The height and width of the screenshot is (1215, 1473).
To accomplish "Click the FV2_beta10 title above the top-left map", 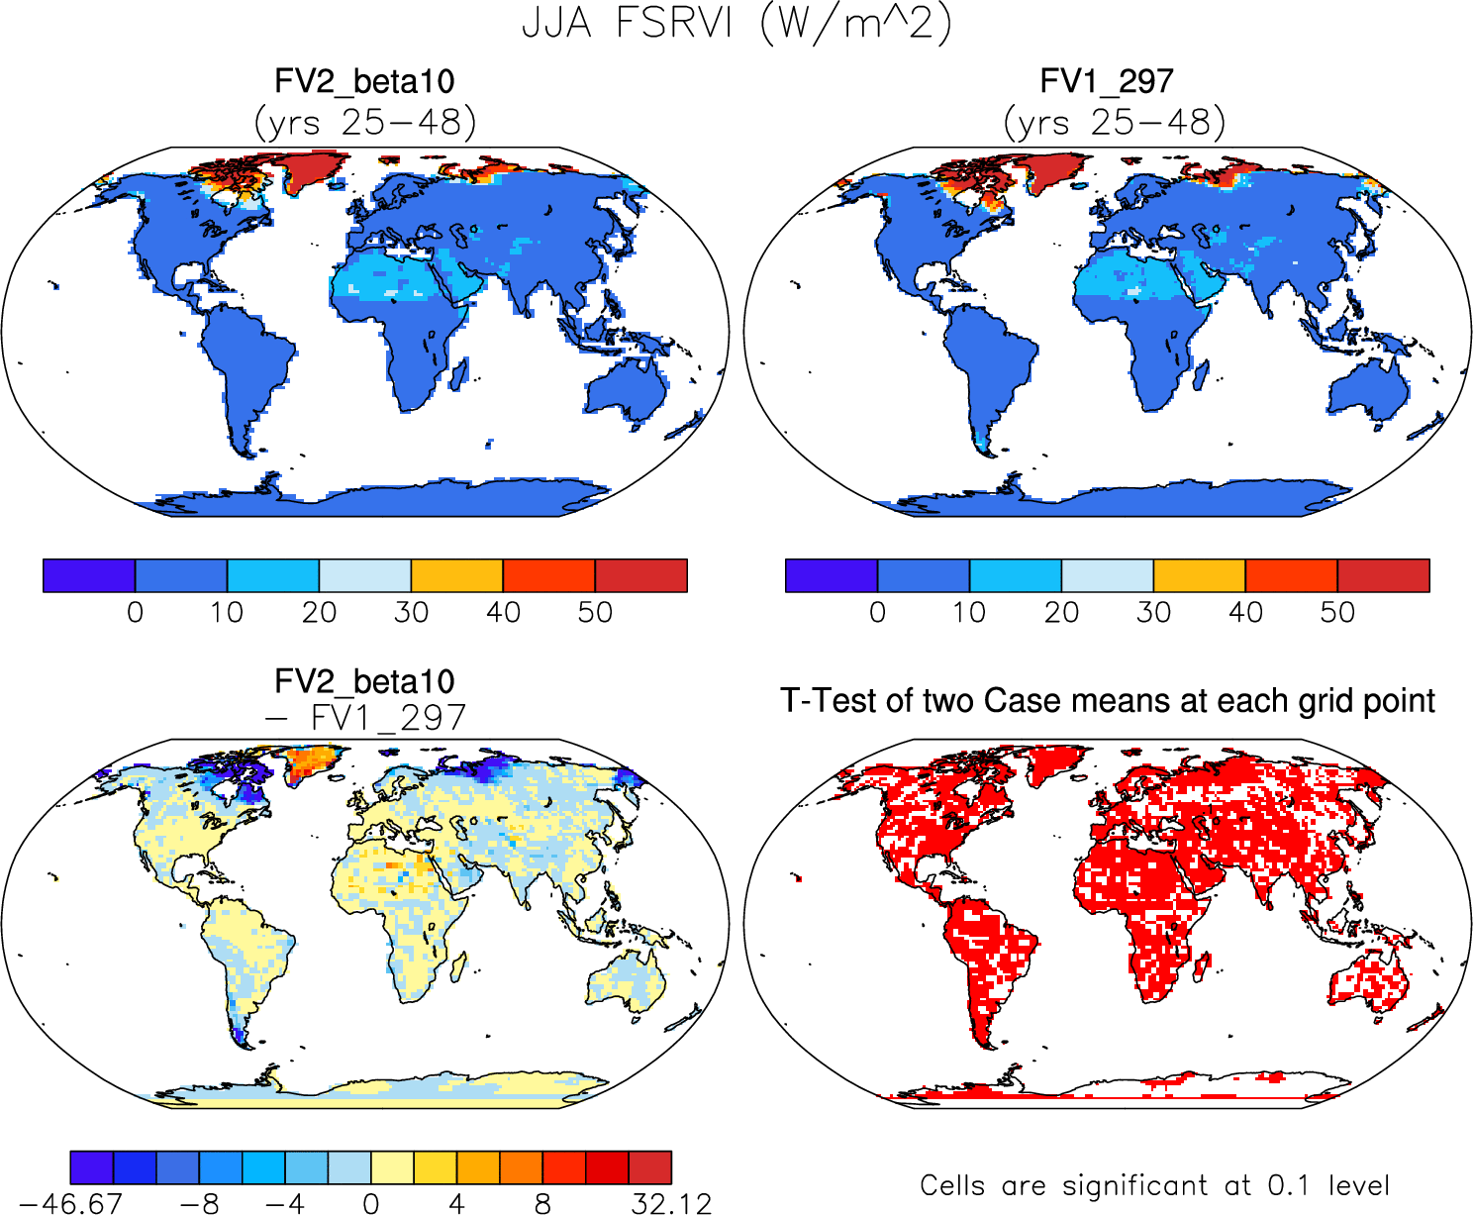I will [x=364, y=81].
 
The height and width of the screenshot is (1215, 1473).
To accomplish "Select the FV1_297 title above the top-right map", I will [x=1107, y=81].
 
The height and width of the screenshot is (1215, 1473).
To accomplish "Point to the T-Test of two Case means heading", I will [x=1107, y=701].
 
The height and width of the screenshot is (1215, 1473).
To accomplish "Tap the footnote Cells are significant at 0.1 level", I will [x=1154, y=1185].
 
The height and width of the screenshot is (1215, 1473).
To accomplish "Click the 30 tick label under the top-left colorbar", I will [x=411, y=612].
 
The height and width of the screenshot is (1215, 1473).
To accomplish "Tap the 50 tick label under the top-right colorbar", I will [x=1337, y=612].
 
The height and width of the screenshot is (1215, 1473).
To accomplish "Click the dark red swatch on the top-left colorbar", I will [x=640, y=575].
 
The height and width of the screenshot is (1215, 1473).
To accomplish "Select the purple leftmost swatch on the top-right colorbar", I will [x=831, y=575].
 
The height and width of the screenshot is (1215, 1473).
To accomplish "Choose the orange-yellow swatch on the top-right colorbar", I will [x=1199, y=575].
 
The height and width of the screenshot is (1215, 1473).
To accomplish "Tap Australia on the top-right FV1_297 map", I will [x=1369, y=388].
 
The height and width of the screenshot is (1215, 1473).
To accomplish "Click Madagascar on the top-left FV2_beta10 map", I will [x=459, y=372].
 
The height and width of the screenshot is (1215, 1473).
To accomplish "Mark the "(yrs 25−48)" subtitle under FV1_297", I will [x=1115, y=123].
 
